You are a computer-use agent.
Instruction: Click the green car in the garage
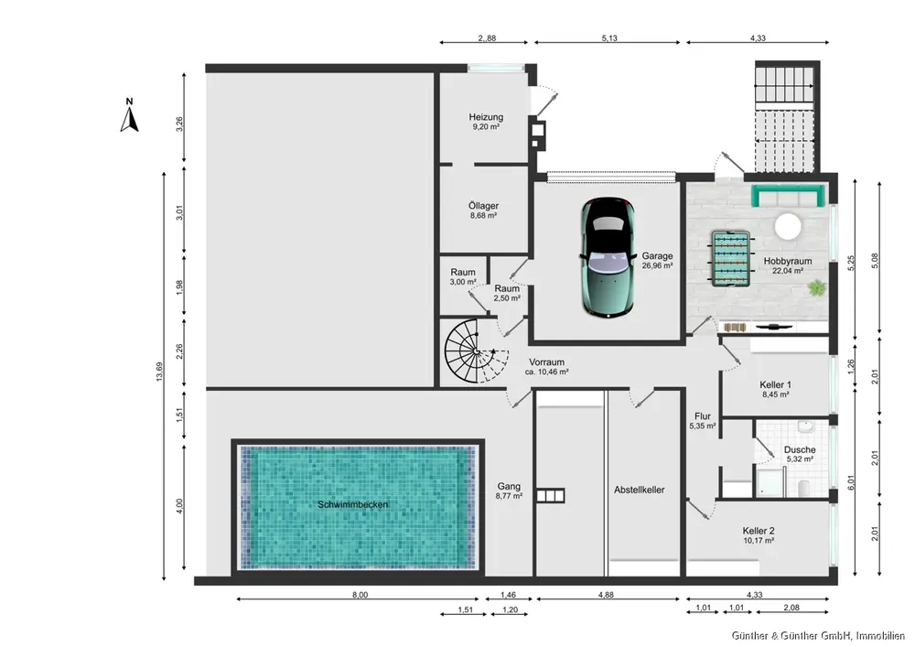point(608,257)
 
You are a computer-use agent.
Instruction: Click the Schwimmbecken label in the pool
point(352,504)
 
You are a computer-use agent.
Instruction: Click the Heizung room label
point(486,117)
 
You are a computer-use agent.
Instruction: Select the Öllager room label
point(483,206)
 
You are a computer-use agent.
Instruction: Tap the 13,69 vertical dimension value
point(159,372)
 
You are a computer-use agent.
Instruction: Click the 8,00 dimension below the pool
point(360,595)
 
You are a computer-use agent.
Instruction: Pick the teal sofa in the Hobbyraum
point(789,196)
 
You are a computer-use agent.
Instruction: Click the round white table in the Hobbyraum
point(788,226)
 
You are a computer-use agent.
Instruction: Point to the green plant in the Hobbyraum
point(817,287)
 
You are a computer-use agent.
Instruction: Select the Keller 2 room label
point(758,531)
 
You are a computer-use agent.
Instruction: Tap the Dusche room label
point(800,450)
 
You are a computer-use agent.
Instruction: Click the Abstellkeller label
point(639,491)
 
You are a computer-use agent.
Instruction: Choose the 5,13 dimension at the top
point(608,38)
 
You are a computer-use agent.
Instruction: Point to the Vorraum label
point(546,361)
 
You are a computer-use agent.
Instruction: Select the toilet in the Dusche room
point(803,487)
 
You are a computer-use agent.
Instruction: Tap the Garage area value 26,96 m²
point(657,265)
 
